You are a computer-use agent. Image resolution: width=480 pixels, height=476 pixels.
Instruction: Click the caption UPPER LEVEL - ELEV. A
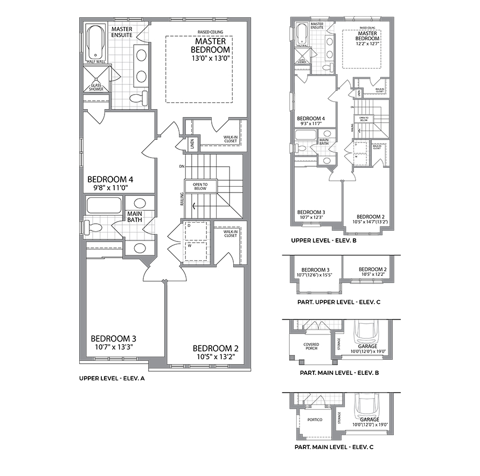point(112,379)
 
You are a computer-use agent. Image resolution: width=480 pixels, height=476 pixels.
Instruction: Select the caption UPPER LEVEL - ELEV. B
point(323,240)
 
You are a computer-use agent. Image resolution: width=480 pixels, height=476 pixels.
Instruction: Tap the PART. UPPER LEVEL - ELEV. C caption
point(339,302)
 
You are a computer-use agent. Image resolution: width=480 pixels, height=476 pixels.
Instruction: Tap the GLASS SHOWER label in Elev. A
point(95,87)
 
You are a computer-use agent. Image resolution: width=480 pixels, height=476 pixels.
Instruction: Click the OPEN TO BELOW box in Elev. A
point(201,186)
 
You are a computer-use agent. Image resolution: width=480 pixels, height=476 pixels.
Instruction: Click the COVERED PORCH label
point(311,346)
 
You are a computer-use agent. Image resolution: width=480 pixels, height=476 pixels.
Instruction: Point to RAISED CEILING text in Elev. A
point(203,32)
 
